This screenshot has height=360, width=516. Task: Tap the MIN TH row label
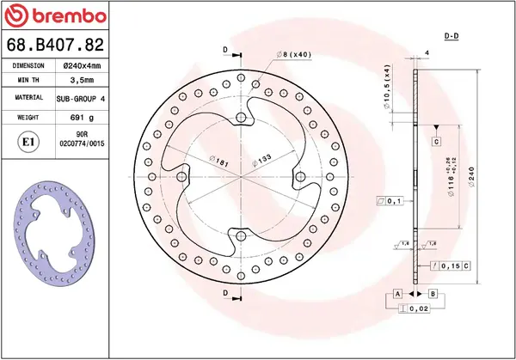tap(28, 82)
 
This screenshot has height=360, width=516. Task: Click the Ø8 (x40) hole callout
tap(294, 55)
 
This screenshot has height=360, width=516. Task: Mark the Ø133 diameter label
tap(262, 160)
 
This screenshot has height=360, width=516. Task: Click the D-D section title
tap(451, 37)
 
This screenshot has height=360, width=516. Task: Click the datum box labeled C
tap(436, 141)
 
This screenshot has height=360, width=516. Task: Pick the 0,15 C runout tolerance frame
tap(448, 267)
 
